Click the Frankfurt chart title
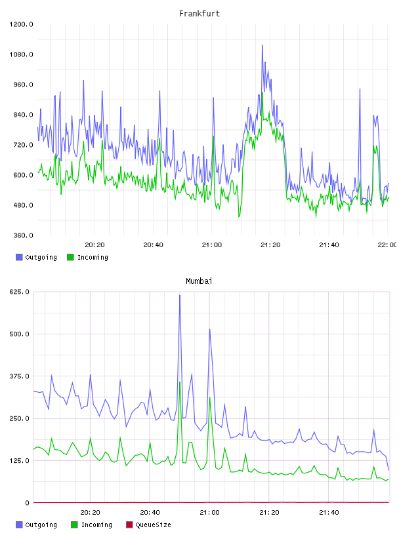pos(199,13)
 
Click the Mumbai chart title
pos(199,281)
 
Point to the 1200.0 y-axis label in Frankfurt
pos(21,24)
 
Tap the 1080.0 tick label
pos(21,54)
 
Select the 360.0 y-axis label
pos(23,235)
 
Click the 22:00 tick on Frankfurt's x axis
pos(387,245)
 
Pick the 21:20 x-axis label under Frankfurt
pos(270,245)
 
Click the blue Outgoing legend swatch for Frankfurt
pos(19,257)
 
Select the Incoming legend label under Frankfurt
pos(93,257)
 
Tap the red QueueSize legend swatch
pos(129,525)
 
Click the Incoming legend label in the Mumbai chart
pos(96,525)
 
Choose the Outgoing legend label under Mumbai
pos(41,525)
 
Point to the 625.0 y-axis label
pos(19,292)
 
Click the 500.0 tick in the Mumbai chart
pos(19,334)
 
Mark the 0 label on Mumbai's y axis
pos(27,503)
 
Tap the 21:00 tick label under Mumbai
pos(209,512)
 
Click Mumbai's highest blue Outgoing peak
pos(180,295)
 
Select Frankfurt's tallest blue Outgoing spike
pos(262,45)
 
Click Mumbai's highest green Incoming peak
pos(180,382)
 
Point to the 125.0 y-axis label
pos(19,460)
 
